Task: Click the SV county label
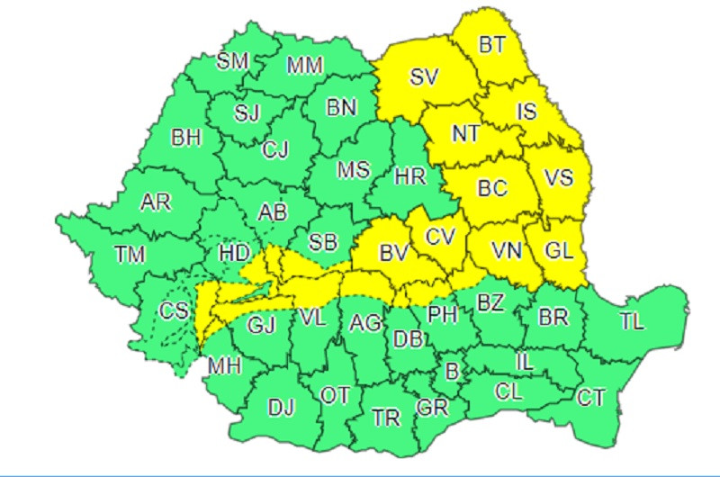(x=423, y=77)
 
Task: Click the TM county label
(x=130, y=255)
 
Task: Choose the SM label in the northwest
(x=234, y=61)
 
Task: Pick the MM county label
(x=307, y=65)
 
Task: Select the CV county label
(x=439, y=237)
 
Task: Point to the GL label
(x=559, y=253)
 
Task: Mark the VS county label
(x=559, y=178)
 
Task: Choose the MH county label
(x=219, y=366)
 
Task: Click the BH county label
(x=186, y=139)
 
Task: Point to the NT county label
(x=465, y=134)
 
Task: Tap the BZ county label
(x=490, y=303)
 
